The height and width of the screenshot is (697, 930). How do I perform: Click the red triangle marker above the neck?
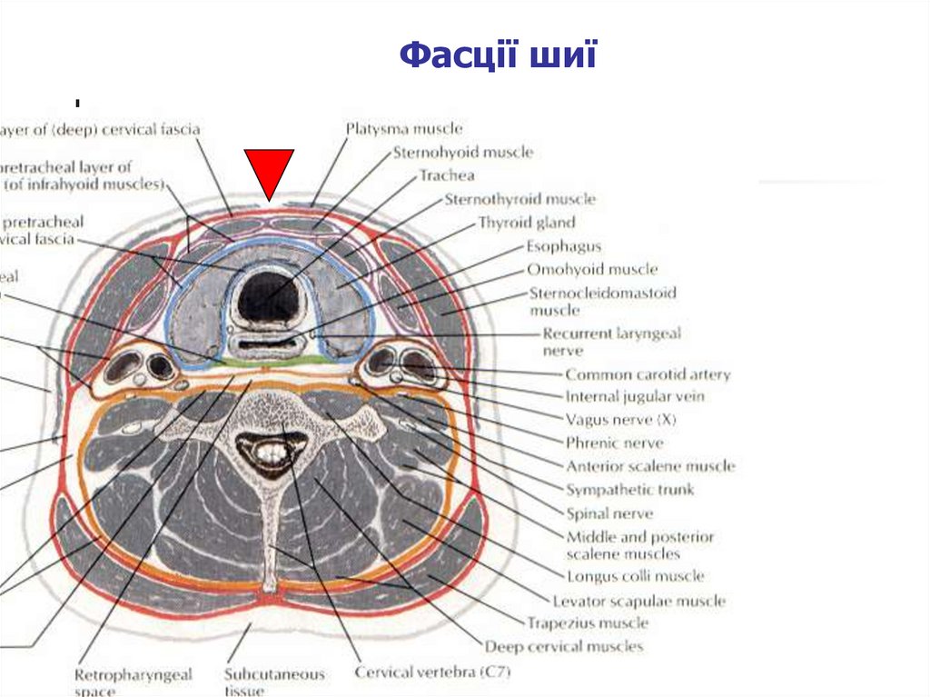[x=268, y=172]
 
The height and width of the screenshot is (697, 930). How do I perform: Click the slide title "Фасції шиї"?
[x=498, y=56]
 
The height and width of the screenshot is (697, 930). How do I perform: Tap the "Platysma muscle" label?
[x=404, y=130]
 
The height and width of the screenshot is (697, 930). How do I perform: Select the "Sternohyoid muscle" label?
[x=462, y=153]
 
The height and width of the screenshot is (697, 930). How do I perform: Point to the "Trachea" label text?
[x=446, y=175]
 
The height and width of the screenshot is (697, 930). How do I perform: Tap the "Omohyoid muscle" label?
[x=592, y=270]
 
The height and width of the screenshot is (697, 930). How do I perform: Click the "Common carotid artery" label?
[x=648, y=374]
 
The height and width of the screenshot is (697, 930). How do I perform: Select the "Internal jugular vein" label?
[x=635, y=397]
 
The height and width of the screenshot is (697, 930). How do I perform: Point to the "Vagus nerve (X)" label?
[x=621, y=421]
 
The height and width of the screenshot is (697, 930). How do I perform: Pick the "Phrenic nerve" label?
[x=614, y=443]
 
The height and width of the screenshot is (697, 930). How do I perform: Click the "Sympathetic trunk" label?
[x=629, y=490]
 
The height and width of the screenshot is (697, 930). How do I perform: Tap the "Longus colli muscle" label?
[x=635, y=576]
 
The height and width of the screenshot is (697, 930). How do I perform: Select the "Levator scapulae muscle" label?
[x=638, y=601]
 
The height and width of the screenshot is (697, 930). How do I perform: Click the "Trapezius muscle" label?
[x=587, y=623]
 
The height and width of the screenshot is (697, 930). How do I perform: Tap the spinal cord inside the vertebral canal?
[x=270, y=450]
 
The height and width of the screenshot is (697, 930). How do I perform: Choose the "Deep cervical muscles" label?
[x=563, y=647]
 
